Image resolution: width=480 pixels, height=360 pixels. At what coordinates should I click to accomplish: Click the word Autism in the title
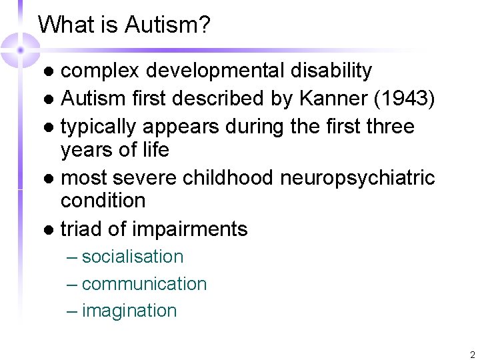point(171,25)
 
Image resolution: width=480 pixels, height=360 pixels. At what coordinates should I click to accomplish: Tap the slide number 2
point(472,354)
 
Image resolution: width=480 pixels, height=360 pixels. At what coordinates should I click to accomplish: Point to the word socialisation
point(133,257)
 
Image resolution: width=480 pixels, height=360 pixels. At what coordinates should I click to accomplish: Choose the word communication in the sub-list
point(144,284)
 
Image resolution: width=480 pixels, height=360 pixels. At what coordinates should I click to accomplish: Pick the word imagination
point(129,311)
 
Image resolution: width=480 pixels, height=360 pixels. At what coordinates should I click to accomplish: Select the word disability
point(327,70)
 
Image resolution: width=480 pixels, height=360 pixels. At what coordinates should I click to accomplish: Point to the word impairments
point(190,230)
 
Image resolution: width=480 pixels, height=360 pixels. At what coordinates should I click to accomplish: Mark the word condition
point(103,200)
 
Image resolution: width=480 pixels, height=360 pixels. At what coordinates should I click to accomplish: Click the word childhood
point(227,178)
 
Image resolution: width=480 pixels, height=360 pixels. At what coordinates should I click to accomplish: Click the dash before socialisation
point(72,257)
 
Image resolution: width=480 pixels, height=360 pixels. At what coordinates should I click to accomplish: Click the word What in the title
point(63,25)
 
